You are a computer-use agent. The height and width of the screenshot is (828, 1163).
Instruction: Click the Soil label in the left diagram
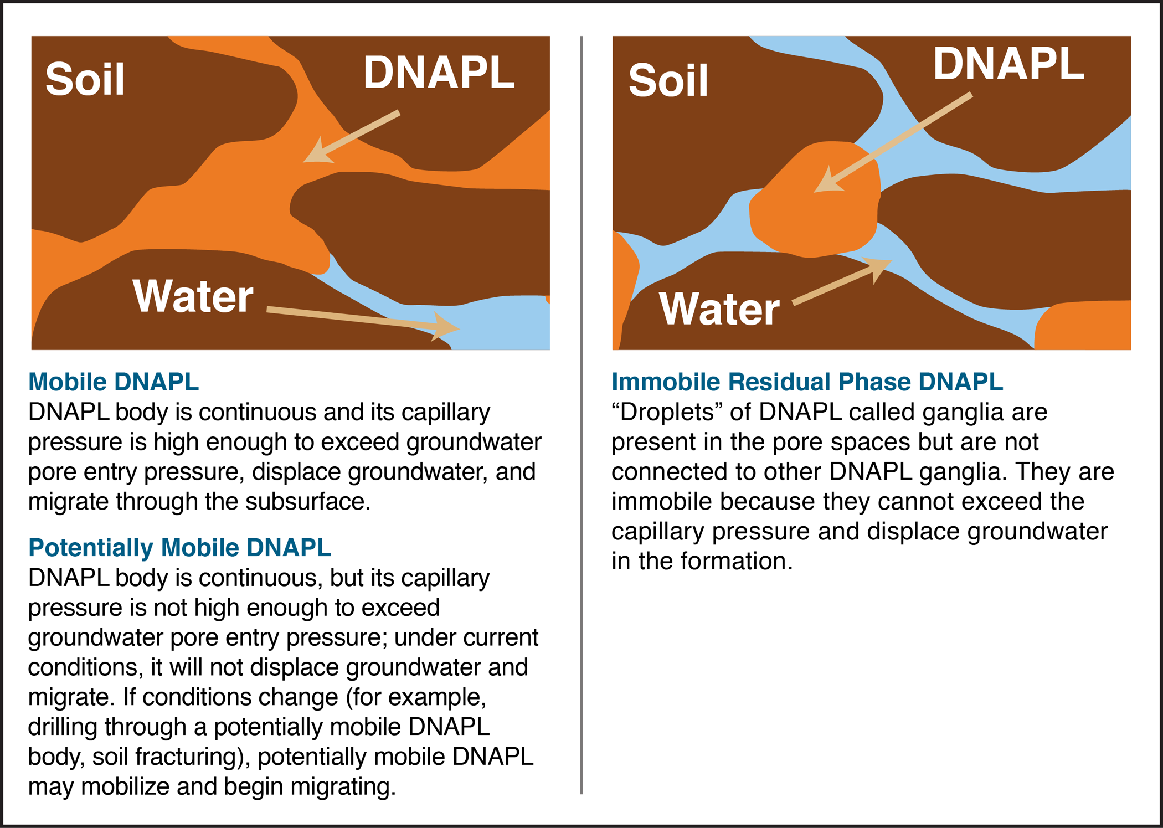[x=85, y=79]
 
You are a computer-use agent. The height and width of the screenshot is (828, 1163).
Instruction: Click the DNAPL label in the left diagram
[x=439, y=73]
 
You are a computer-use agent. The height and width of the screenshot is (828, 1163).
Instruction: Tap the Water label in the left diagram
[x=193, y=296]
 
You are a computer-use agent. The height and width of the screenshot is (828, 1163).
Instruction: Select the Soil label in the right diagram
[x=668, y=81]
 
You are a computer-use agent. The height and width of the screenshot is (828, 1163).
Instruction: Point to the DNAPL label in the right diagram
[x=1008, y=64]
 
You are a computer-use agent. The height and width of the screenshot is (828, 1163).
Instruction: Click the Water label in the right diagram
[x=719, y=309]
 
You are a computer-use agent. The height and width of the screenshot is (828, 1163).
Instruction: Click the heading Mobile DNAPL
[x=114, y=382]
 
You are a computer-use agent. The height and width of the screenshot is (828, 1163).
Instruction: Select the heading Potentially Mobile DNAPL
[x=180, y=548]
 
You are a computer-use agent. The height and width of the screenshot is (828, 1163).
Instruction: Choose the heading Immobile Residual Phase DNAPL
[x=807, y=382]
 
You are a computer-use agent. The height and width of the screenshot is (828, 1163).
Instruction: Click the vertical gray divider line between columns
[x=581, y=415]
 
